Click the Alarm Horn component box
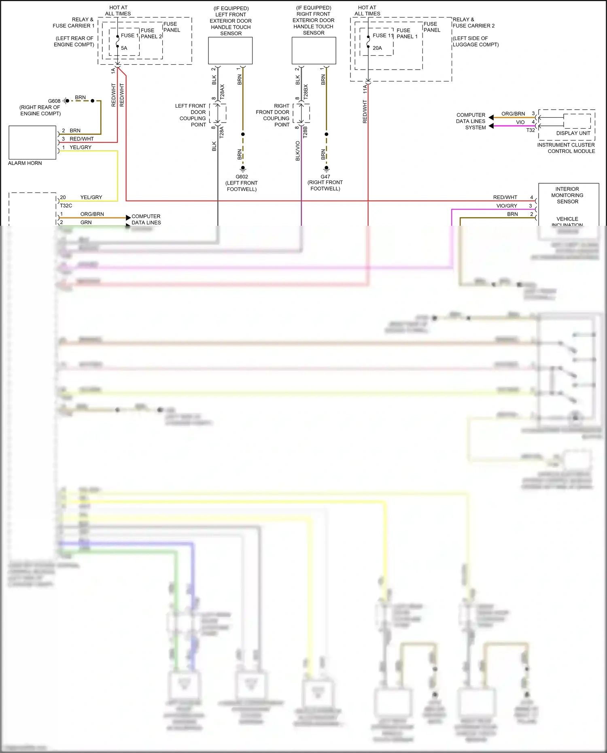32,142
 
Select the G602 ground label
242,177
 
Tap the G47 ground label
325,177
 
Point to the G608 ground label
54,101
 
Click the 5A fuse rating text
124,48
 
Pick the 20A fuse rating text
377,48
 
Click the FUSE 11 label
383,36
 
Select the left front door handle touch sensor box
230,51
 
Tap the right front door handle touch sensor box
314,51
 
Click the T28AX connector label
222,92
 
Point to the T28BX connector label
306,92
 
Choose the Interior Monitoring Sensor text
567,195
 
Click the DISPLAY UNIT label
573,133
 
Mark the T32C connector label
66,206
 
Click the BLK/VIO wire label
298,151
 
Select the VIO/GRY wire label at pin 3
507,206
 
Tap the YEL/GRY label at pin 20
91,197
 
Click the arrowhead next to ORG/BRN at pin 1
128,218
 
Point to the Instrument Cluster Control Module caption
566,148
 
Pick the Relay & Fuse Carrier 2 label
473,23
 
